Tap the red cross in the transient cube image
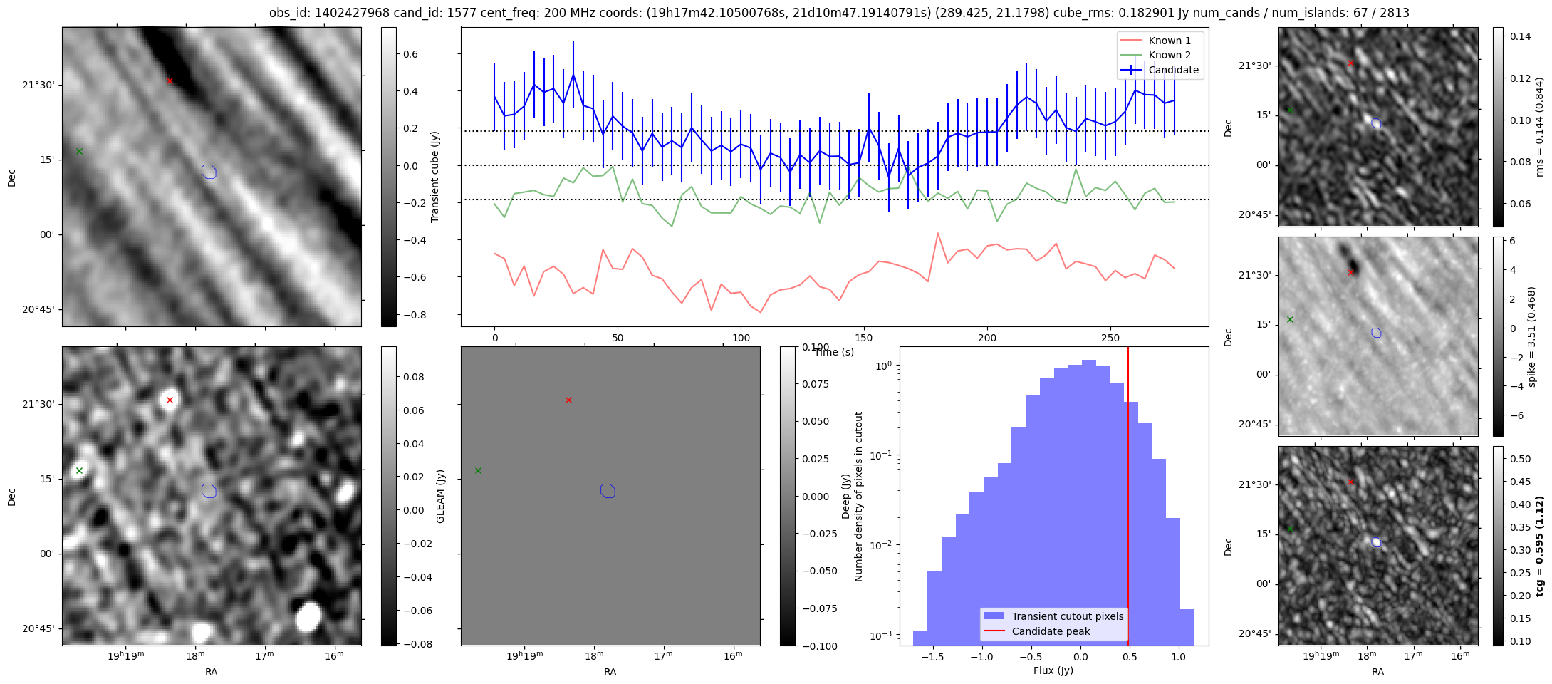(x=170, y=81)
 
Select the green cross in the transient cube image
(x=79, y=151)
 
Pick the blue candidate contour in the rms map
(x=1376, y=123)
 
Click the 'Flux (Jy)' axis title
(x=1053, y=670)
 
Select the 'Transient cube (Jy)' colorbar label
(x=434, y=177)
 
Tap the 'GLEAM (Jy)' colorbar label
(x=440, y=496)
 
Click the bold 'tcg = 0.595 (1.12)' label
(x=1539, y=546)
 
